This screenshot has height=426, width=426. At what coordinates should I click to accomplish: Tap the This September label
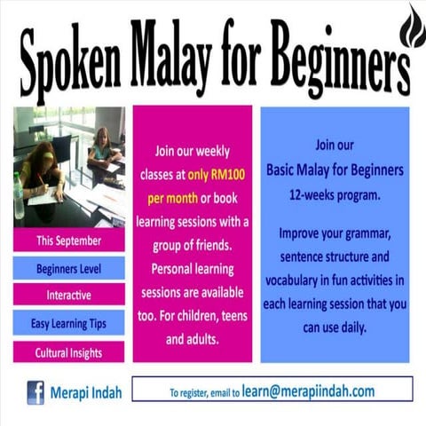tap(68, 241)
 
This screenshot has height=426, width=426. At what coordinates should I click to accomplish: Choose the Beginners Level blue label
tap(68, 268)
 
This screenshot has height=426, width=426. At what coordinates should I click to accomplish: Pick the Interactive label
tap(68, 296)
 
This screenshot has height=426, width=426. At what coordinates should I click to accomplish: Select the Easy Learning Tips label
tap(68, 324)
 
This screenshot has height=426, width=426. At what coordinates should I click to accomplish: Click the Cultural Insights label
tap(68, 352)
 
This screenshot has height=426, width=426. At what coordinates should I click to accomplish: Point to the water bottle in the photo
tap(19, 195)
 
